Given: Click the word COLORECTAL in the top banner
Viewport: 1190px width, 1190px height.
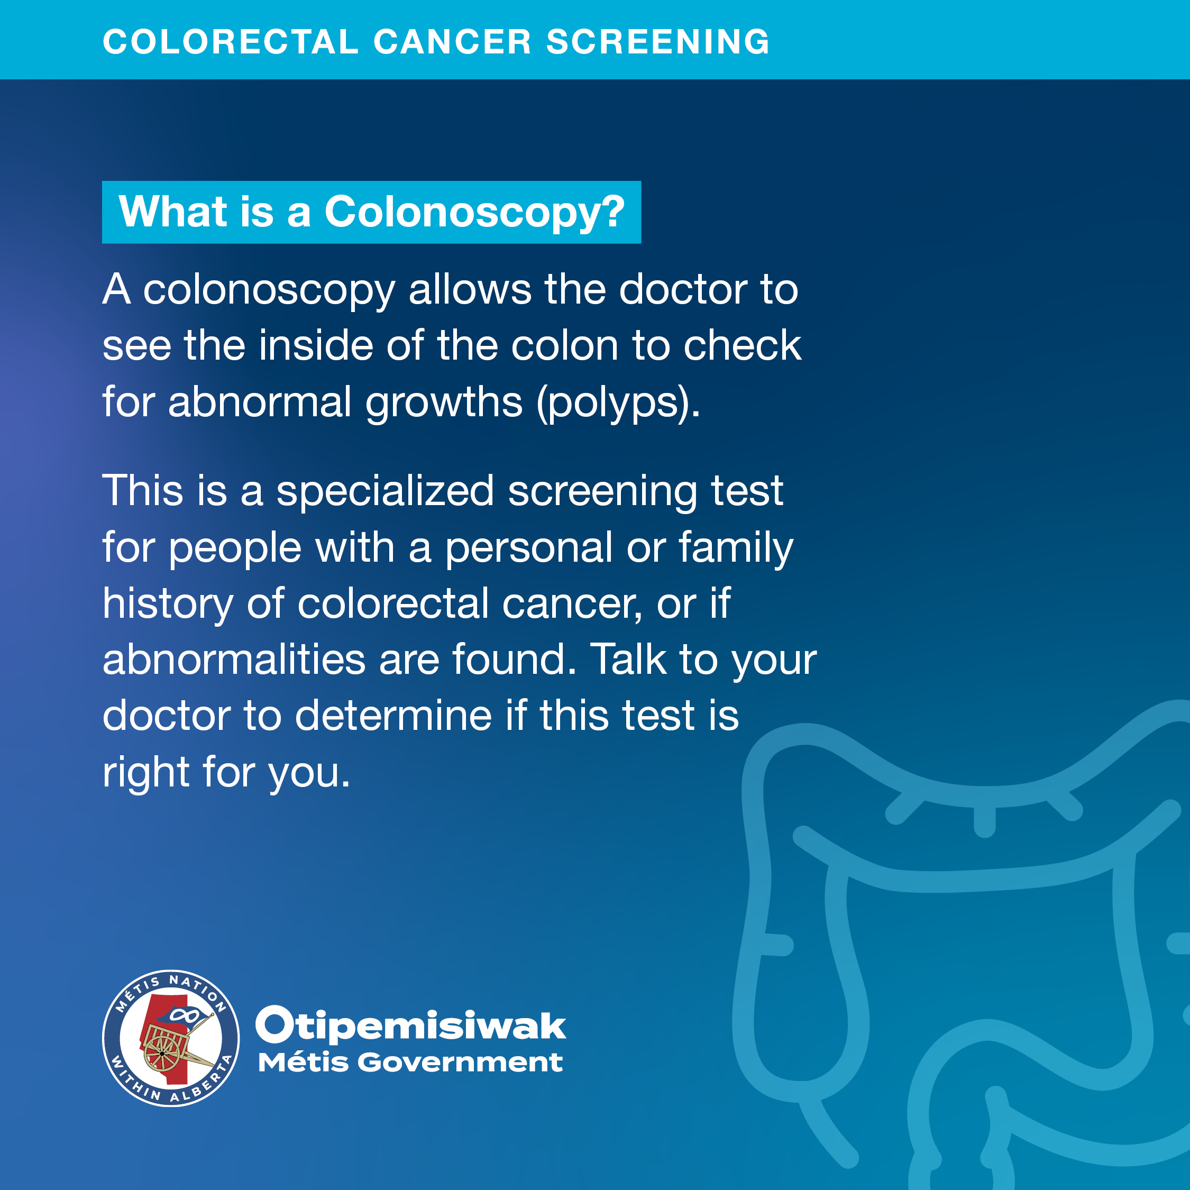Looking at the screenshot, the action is click(x=231, y=42).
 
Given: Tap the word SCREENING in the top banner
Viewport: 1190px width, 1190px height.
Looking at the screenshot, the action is click(x=658, y=42).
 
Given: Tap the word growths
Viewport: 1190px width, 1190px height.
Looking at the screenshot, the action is click(x=444, y=404).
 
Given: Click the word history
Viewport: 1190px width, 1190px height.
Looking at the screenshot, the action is click(x=168, y=604).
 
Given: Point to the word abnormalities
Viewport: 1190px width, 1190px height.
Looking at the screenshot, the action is click(x=234, y=659).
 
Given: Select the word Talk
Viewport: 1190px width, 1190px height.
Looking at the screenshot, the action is click(x=628, y=659).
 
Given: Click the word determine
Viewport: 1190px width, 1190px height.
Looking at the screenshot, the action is click(x=393, y=715).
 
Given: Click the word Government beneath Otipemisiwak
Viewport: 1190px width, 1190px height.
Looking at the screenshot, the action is click(x=460, y=1062).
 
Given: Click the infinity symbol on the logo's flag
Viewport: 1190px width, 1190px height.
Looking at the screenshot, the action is click(x=184, y=1014).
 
